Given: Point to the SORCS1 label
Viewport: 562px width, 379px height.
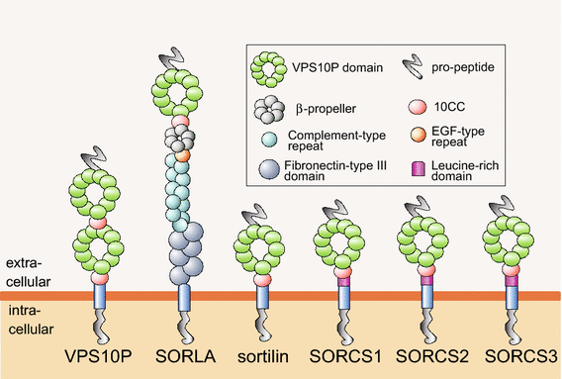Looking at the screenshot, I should pos(343,353).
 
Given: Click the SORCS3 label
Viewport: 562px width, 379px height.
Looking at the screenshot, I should pos(509,353).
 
